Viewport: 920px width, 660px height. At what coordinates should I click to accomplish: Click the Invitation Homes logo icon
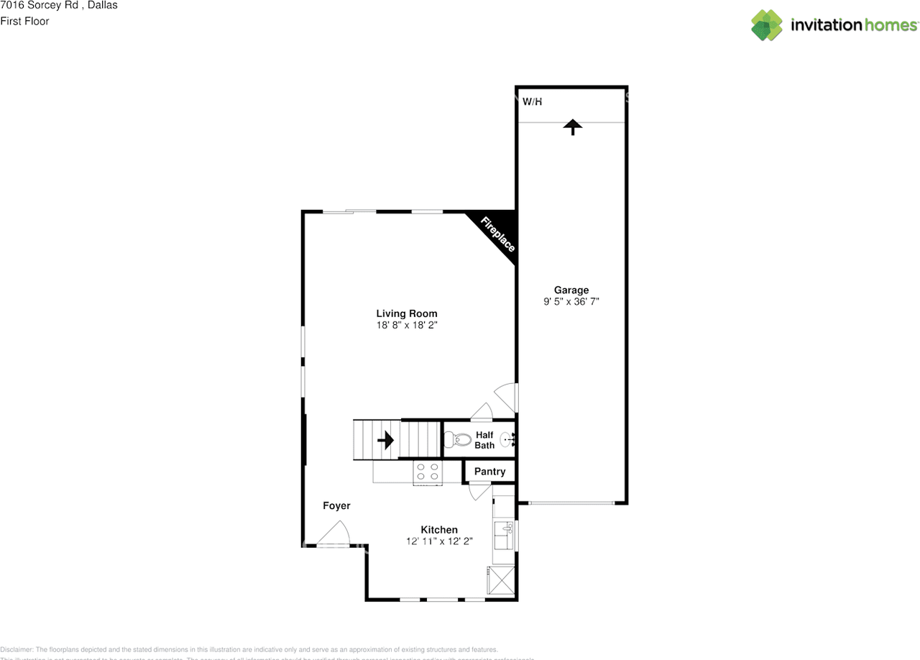767,25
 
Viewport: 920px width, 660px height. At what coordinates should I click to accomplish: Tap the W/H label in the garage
532,102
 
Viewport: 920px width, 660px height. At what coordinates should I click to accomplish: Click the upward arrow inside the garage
572,127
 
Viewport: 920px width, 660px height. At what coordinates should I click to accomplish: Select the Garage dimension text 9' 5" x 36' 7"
571,302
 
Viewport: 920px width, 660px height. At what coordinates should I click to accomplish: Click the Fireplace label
497,234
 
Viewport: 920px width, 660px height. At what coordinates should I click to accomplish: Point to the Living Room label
407,313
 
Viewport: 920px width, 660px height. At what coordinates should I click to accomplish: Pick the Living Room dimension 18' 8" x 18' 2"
407,325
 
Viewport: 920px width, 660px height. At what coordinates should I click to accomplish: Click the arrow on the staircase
386,439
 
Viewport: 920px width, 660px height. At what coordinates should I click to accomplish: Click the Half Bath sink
507,439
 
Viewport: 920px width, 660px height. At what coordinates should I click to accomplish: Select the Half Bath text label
484,440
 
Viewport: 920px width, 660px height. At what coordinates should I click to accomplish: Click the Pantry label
489,472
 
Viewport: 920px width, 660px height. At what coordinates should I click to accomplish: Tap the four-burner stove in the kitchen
427,472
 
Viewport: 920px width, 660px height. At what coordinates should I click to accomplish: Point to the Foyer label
336,506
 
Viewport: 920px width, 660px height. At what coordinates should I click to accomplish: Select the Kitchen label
439,530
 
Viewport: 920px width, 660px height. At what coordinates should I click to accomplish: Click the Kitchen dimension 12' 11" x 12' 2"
439,541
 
